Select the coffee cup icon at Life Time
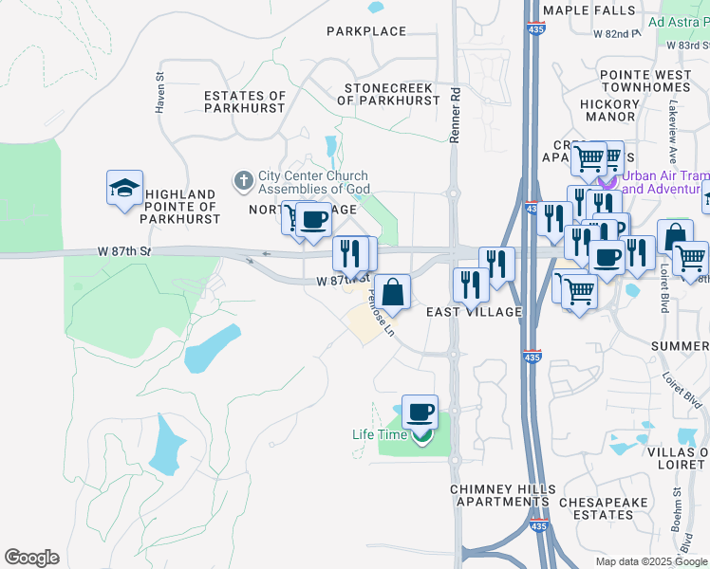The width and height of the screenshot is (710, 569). click(x=420, y=412)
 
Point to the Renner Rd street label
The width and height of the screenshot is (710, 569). click(x=455, y=116)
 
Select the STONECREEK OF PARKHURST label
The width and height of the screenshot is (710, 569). click(x=388, y=95)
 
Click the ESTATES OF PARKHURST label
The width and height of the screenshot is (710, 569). click(x=245, y=101)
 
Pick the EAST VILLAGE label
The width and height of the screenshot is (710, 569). click(x=475, y=312)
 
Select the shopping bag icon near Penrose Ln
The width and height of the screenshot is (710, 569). click(x=392, y=291)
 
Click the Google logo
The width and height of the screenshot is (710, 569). click(x=31, y=558)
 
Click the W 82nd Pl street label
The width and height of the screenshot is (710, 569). click(x=617, y=33)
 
